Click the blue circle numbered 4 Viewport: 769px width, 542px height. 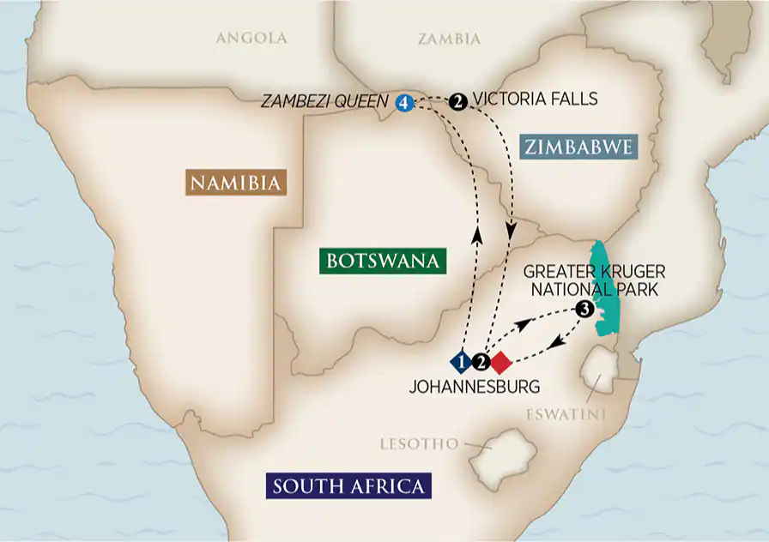(404, 102)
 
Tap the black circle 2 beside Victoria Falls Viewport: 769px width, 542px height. (458, 102)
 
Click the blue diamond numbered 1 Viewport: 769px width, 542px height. (462, 362)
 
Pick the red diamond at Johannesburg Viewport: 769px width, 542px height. (500, 362)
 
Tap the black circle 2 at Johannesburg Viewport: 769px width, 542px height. (481, 362)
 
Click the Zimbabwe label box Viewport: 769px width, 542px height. (578, 147)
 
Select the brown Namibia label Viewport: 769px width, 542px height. (234, 182)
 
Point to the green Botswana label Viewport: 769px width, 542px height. (382, 260)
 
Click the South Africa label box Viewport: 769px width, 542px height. (348, 486)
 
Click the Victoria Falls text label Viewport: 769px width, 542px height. (535, 99)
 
